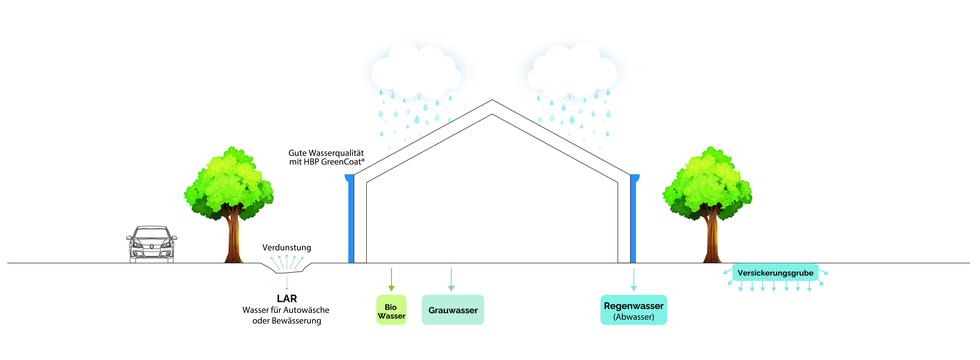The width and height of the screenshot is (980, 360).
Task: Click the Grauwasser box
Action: (453, 310)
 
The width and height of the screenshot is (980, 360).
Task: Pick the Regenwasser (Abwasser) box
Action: (633, 310)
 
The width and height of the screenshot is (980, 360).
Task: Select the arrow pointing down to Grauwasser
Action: (451, 280)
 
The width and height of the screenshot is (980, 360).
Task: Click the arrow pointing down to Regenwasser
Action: (633, 280)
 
